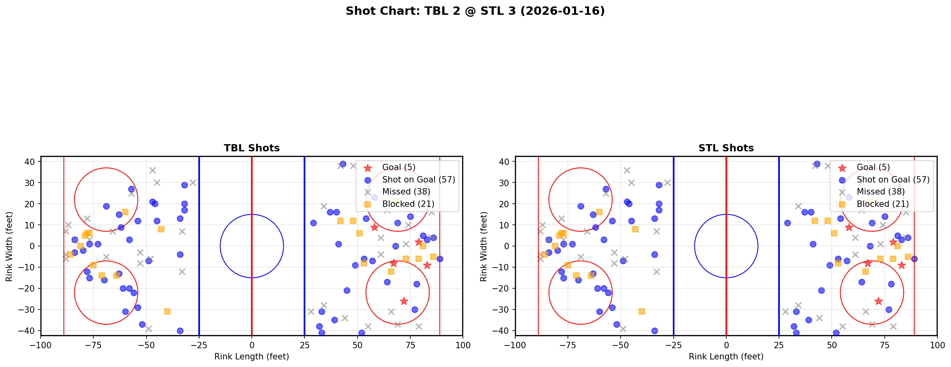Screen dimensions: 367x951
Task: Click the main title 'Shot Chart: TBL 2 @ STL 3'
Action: [x=475, y=11]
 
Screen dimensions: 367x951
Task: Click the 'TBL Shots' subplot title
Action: [x=251, y=148]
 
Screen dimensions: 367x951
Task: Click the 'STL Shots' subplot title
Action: [x=726, y=148]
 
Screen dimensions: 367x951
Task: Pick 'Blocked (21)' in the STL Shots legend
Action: [x=883, y=204]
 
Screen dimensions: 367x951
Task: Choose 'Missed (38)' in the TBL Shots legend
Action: [x=406, y=192]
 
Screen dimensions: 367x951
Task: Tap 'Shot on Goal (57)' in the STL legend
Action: [x=893, y=180]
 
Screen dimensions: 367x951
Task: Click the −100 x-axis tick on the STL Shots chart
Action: [x=515, y=345]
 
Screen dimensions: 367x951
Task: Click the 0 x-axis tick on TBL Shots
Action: [x=252, y=345]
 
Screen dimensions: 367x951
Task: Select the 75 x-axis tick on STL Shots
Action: [x=884, y=345]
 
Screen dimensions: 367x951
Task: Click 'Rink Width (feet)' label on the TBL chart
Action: [x=9, y=246]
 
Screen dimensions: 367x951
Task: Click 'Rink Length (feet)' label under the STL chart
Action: [x=726, y=357]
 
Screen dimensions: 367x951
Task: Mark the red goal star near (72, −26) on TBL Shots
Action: [x=404, y=301]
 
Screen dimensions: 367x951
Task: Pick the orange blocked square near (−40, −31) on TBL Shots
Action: [x=167, y=311]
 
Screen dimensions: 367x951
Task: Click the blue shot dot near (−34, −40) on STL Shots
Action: [x=654, y=331]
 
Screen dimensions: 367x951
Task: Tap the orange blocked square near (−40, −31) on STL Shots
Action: [x=642, y=311]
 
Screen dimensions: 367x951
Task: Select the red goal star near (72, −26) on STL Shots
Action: [x=878, y=301]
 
